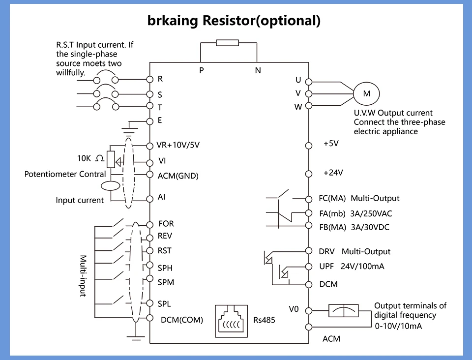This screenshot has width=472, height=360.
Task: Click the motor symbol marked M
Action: tap(366, 94)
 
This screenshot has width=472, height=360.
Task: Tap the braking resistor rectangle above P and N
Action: tap(227, 43)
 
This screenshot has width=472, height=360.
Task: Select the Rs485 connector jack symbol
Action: tap(231, 321)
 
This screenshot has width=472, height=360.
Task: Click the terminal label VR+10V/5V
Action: tap(178, 145)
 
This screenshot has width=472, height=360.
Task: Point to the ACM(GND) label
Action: tap(178, 176)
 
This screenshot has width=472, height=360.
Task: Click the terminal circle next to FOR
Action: tap(150, 225)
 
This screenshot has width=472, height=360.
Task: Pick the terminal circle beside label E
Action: tap(150, 121)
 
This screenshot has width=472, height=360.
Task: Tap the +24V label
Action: tap(333, 173)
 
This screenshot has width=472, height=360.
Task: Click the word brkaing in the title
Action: tap(173, 21)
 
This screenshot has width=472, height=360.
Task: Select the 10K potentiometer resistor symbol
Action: tap(111, 159)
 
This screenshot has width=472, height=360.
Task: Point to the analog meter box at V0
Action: tap(344, 311)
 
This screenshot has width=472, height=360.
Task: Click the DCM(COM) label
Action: tap(182, 320)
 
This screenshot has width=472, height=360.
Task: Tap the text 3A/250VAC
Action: tap(371, 214)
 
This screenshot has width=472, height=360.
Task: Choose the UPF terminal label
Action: tap(326, 267)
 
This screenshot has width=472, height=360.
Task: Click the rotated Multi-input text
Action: tap(83, 276)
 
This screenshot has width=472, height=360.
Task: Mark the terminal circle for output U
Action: tap(309, 82)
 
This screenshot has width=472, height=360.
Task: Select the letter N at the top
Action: tap(258, 70)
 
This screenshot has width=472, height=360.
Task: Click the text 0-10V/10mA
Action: tap(398, 326)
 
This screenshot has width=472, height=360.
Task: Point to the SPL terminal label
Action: tap(164, 304)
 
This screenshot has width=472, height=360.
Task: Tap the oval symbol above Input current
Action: tap(111, 186)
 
